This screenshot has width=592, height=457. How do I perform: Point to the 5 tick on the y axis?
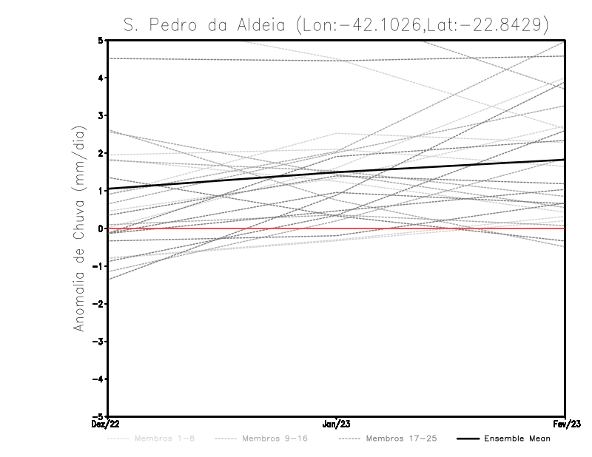pos(101,41)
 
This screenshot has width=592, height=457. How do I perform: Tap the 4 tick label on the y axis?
pos(101,78)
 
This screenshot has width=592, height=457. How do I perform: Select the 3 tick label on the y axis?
pos(101,115)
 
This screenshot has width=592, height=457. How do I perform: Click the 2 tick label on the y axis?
pos(101,153)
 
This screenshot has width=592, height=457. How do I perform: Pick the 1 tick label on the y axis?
pos(101,191)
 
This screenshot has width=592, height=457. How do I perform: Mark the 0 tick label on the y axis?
pos(101,228)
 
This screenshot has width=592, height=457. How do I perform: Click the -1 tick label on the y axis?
pos(98,266)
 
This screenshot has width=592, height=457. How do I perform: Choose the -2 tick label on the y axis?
pos(98,304)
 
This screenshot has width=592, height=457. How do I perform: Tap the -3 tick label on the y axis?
pos(98,342)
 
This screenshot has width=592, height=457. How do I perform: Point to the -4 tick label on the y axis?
pos(98,379)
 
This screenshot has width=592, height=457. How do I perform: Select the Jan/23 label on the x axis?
pos(337,424)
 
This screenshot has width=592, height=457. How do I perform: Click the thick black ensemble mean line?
pos(337,174)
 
